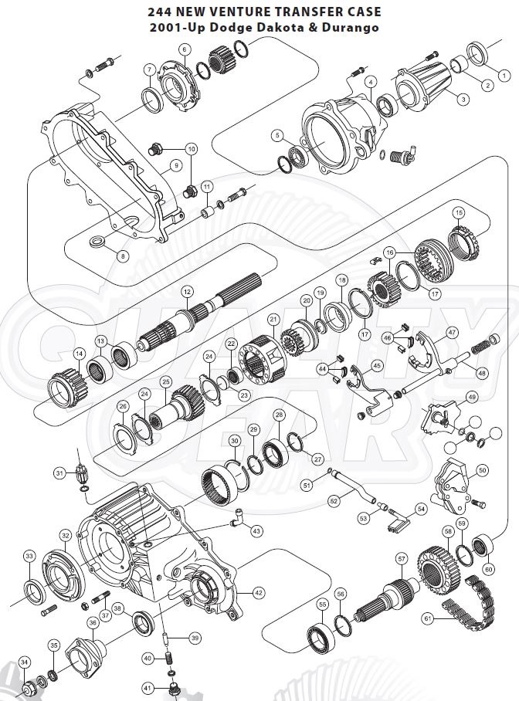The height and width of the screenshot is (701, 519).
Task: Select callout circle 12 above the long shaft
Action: pos(186,292)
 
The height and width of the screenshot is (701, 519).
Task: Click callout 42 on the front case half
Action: pos(258,593)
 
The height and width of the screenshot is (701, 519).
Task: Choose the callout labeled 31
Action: pos(59,472)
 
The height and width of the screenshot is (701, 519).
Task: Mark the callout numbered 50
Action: pos(482,469)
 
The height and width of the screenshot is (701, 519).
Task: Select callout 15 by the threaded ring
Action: pos(459,212)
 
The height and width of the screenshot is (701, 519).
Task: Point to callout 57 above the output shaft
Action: pos(401,557)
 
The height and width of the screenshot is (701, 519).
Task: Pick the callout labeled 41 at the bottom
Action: pos(148,687)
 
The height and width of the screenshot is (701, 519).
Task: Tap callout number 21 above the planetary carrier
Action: pos(273,319)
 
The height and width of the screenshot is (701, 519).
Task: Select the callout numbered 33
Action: pos(29,556)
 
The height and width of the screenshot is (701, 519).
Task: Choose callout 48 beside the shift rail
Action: pos(482,373)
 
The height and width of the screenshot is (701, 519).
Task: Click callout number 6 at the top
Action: pos(185,49)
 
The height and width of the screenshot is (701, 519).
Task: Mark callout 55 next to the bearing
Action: pos(322,604)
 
